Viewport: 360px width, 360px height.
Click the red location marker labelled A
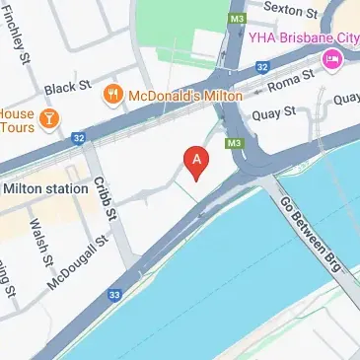click(197, 163)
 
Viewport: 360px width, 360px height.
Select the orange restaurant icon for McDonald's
click(113, 95)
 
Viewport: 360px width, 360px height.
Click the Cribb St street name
click(105, 197)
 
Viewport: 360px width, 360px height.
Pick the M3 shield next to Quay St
click(234, 143)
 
